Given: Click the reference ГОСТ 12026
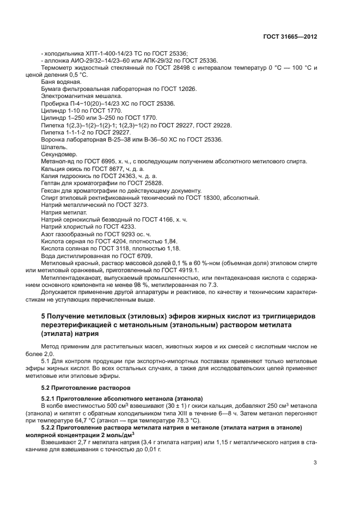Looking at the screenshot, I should tap(178, 88).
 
